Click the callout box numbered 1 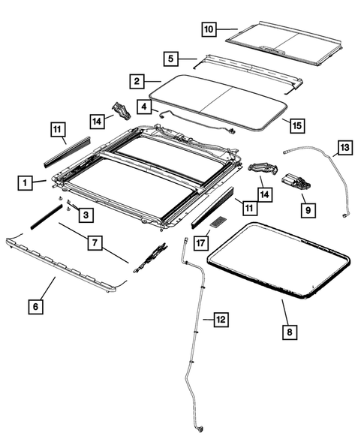click(26, 182)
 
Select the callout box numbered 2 click(136, 80)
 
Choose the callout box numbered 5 click(171, 57)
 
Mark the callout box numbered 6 click(35, 305)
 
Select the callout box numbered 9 click(306, 211)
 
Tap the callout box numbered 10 click(208, 29)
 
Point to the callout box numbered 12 click(220, 320)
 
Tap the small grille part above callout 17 click(220, 222)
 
